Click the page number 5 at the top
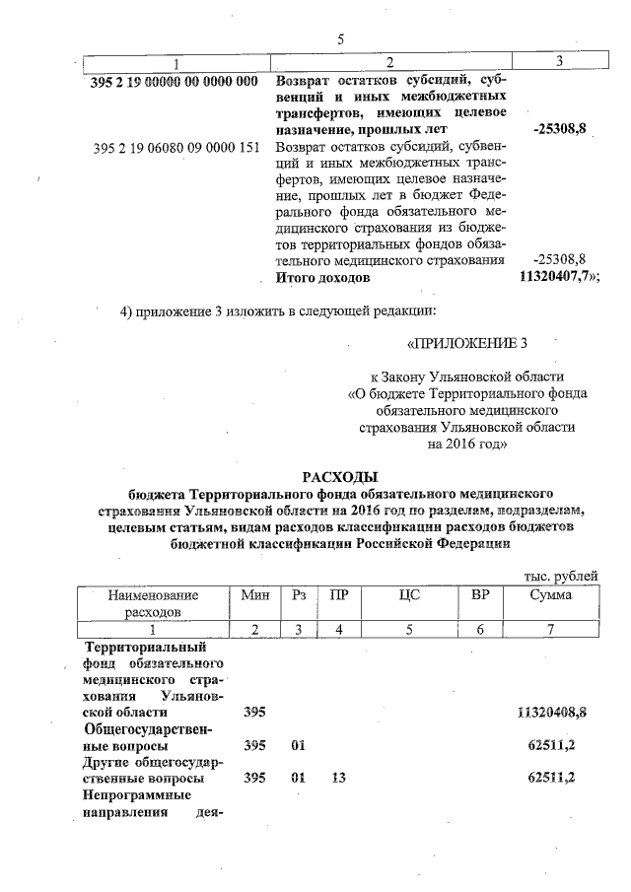click(x=340, y=39)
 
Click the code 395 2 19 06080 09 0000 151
click(x=175, y=149)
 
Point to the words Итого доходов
click(x=322, y=278)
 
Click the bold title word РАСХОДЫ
click(x=340, y=477)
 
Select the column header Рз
click(x=300, y=595)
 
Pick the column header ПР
click(x=338, y=595)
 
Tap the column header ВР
click(x=481, y=595)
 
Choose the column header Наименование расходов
click(x=153, y=604)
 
